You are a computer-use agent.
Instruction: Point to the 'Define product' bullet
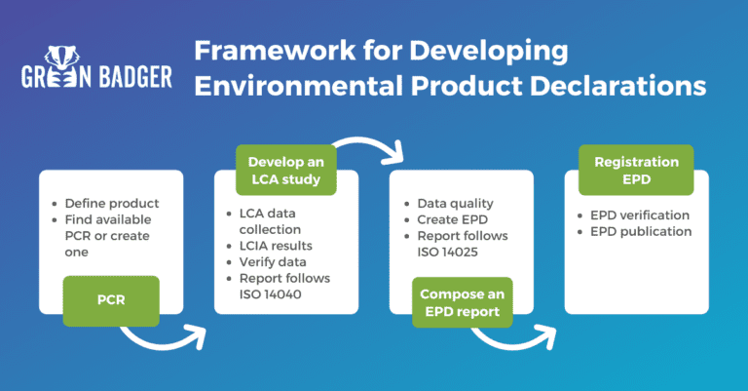111,204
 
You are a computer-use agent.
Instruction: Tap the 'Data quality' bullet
455,204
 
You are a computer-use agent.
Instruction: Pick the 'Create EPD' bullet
452,219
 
